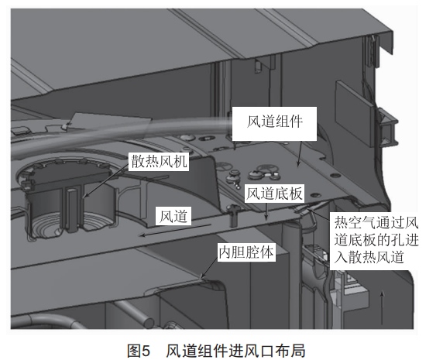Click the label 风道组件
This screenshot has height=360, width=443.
[x=275, y=122]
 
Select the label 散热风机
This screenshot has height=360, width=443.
[x=159, y=162]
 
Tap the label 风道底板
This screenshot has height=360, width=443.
[x=274, y=194]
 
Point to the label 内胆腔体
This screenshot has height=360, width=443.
[x=246, y=252]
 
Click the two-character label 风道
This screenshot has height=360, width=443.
[x=173, y=217]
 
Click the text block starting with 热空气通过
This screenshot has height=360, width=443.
[x=376, y=240]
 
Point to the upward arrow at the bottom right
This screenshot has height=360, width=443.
[x=383, y=308]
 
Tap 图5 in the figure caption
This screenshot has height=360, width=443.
[x=138, y=351]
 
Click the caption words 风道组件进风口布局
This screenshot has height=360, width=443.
[x=235, y=351]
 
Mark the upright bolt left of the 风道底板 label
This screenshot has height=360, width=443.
[x=233, y=216]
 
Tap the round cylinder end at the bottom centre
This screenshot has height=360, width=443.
[x=149, y=323]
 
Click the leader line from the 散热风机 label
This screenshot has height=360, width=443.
[x=106, y=180]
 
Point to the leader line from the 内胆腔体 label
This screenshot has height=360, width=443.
[x=210, y=269]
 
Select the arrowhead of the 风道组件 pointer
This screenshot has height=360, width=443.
[x=298, y=164]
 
